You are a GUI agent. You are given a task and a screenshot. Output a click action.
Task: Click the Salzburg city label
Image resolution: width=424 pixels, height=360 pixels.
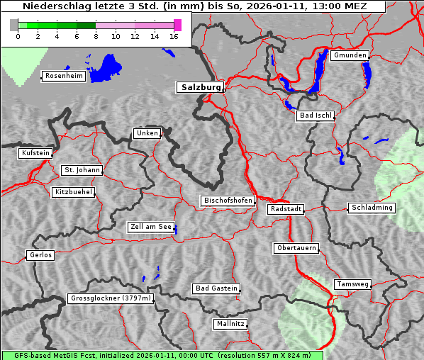pos(199,87)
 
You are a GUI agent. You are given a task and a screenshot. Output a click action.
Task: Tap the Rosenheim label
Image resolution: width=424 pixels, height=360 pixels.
pos(63,76)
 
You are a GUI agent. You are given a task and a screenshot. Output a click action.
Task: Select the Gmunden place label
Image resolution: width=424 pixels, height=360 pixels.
pos(350,55)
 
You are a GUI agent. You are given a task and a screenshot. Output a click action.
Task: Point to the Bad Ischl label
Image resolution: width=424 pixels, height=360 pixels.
pos(315,116)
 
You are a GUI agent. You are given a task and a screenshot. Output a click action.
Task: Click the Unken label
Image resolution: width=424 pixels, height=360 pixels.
pos(147,133)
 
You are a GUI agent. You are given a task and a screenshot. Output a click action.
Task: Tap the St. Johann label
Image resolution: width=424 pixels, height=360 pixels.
pos(82,170)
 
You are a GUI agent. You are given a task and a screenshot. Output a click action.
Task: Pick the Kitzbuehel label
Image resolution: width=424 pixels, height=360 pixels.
pos(74,192)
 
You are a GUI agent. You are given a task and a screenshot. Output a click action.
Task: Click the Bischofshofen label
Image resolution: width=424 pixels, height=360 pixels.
pos(228,201)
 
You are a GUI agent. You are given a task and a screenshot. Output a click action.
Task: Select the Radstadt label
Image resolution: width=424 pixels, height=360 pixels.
pos(286,209)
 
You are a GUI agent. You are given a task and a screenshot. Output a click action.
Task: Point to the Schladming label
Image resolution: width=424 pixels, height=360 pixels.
pos(372,208)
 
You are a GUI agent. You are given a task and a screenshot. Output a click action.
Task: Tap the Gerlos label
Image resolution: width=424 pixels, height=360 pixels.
pos(40,255)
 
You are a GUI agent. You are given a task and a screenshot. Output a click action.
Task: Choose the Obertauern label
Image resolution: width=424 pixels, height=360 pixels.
pos(296,249)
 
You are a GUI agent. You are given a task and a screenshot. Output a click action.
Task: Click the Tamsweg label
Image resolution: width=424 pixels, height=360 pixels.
pos(352,284)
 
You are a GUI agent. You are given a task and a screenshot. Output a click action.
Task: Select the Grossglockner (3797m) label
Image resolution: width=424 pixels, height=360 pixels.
pos(111,298)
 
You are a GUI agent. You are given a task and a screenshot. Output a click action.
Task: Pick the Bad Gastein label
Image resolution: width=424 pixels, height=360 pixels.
pos(216,288)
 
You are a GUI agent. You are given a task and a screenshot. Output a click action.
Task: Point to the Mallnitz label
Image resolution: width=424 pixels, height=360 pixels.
pos(230,324)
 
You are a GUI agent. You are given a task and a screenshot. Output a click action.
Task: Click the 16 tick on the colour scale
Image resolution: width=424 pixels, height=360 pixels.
pos(174,35)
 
